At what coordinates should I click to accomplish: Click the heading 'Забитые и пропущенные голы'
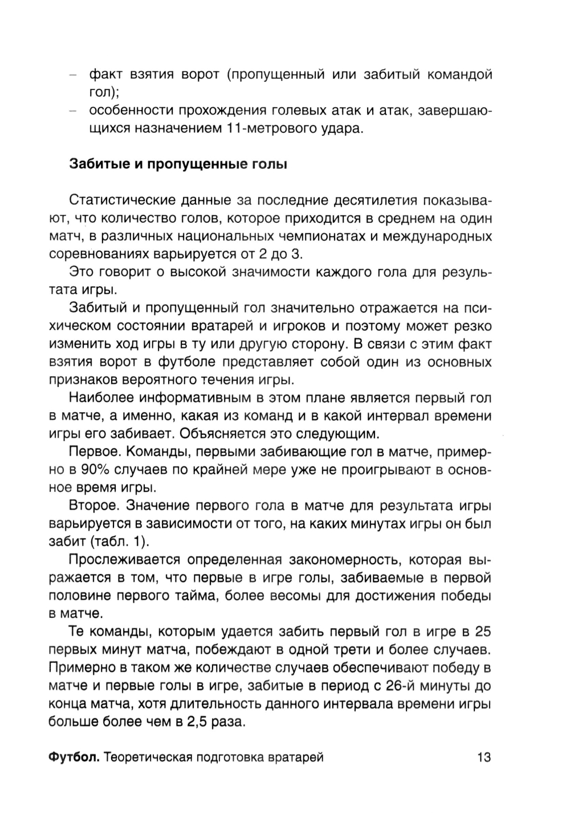pyautogui.click(x=178, y=165)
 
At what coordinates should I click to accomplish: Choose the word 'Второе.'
pyautogui.click(x=93, y=506)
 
